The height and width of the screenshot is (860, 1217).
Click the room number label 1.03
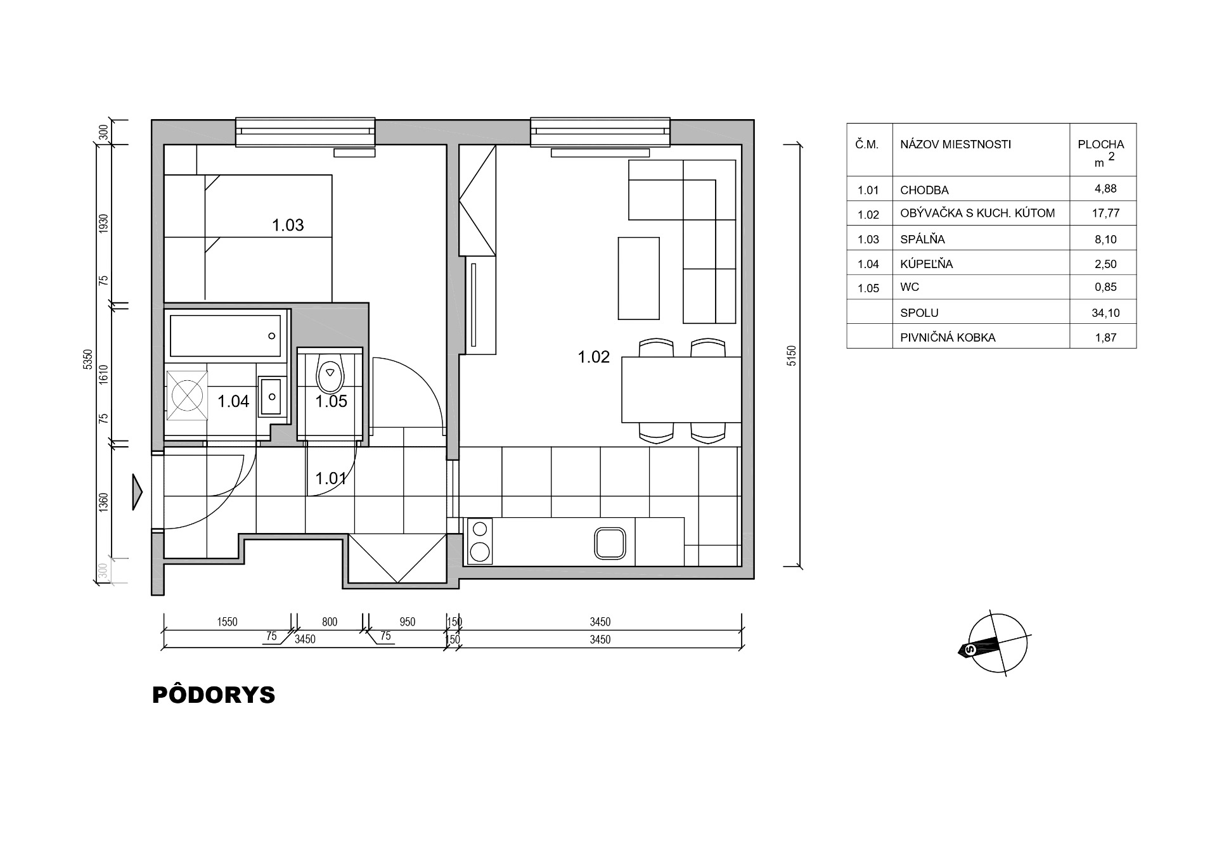coord(288,225)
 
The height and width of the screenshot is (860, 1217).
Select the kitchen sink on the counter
coord(610,543)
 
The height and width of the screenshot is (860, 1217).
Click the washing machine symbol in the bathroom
coord(187,396)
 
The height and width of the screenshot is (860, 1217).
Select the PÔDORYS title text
coord(214,695)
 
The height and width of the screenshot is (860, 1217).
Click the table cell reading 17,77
coord(1105,214)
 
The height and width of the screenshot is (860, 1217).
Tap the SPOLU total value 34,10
coord(1105,313)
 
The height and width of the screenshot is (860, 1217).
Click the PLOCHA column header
coord(1101,144)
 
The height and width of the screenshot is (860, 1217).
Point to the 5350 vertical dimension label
coord(88,359)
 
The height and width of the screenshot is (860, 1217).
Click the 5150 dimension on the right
coord(790,356)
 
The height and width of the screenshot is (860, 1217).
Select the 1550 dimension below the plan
coord(227,622)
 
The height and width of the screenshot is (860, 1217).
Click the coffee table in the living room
coord(639,278)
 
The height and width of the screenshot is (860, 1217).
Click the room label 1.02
coord(593,357)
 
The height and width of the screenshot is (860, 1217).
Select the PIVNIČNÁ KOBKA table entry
coord(948,338)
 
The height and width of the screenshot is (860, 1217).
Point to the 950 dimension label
coord(408,622)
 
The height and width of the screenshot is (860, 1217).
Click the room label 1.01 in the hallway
coord(331,478)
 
